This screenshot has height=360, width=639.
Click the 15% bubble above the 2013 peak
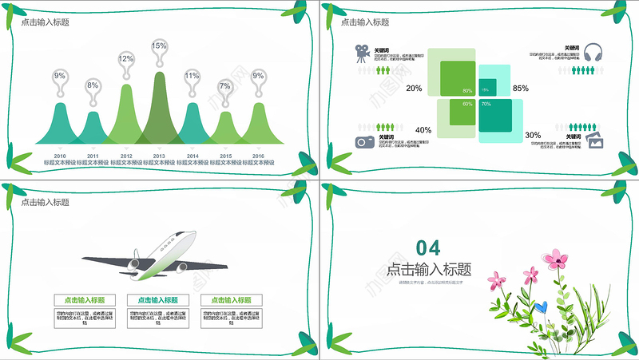pyautogui.click(x=159, y=46)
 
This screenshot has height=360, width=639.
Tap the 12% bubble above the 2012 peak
pyautogui.click(x=126, y=59)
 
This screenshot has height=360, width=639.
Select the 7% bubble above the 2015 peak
pyautogui.click(x=225, y=86)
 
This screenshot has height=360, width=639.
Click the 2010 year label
pyautogui.click(x=60, y=156)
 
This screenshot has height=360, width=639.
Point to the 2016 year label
pyautogui.click(x=258, y=156)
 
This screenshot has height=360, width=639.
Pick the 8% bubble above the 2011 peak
pyautogui.click(x=93, y=85)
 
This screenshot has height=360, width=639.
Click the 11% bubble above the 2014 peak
pyautogui.click(x=192, y=76)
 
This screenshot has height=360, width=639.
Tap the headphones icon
pyautogui.click(x=593, y=53)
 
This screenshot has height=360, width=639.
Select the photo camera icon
pyautogui.click(x=364, y=141)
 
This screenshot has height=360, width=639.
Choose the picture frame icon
pyautogui.click(x=594, y=141)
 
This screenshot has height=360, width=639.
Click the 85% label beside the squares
pyautogui.click(x=521, y=88)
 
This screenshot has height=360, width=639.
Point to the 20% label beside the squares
pyautogui.click(x=414, y=88)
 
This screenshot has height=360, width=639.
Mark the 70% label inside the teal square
pyautogui.click(x=486, y=105)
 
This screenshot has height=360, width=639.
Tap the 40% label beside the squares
pyautogui.click(x=423, y=130)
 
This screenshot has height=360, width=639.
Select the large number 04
pyautogui.click(x=427, y=246)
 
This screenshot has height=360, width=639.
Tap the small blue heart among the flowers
pyautogui.click(x=542, y=305)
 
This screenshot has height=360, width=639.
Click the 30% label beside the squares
pyautogui.click(x=533, y=136)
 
